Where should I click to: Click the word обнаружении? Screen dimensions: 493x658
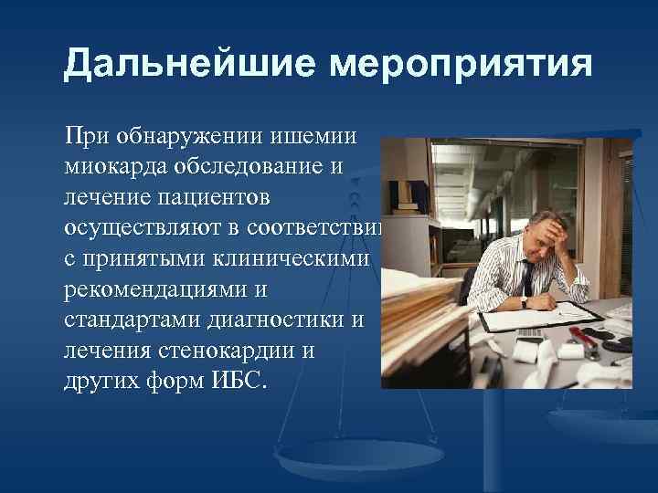tap(190, 137)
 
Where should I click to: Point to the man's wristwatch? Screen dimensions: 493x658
tap(524, 299)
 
